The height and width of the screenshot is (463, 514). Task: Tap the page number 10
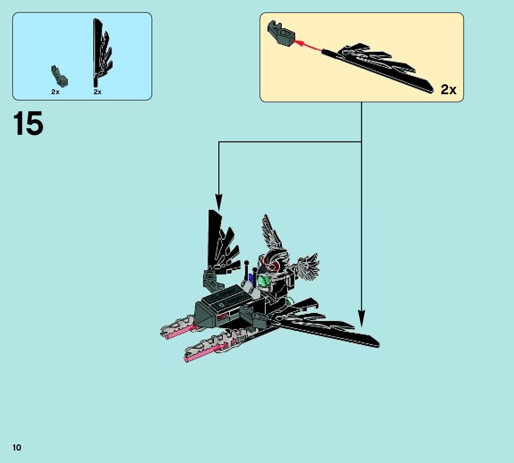pyautogui.click(x=17, y=447)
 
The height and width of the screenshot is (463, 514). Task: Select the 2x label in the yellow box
pyautogui.click(x=448, y=90)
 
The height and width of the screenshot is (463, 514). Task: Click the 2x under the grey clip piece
pyautogui.click(x=55, y=92)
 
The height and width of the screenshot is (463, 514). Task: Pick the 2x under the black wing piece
pyautogui.click(x=97, y=92)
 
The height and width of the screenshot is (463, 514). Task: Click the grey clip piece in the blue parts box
pyautogui.click(x=59, y=76)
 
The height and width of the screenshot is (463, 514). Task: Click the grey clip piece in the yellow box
pyautogui.click(x=280, y=34)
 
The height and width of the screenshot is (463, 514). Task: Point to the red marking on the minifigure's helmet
pyautogui.click(x=273, y=265)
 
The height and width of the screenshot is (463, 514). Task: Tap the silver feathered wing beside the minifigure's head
pyautogui.click(x=272, y=232)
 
